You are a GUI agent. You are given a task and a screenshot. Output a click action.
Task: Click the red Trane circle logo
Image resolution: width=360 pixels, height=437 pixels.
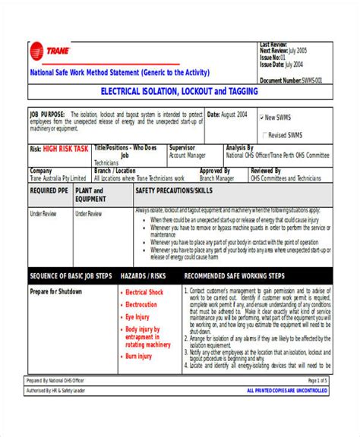(x=36, y=52)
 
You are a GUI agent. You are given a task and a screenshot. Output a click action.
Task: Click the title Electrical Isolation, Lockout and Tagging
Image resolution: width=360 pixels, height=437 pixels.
(x=180, y=91)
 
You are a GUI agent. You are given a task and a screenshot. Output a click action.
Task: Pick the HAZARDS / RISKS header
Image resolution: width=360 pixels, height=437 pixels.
(x=144, y=276)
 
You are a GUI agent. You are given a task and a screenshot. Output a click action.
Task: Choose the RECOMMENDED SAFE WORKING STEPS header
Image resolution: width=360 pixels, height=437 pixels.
(x=235, y=276)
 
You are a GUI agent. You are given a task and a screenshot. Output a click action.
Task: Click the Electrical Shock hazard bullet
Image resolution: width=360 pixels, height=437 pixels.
(x=144, y=292)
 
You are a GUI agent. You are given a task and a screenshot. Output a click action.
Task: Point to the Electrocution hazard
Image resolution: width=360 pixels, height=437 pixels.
(x=141, y=305)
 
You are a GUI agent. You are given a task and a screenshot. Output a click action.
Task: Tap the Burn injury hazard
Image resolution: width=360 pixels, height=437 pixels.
(x=139, y=356)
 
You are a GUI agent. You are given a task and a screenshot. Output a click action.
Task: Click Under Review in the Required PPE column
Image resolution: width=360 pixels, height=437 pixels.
(x=43, y=214)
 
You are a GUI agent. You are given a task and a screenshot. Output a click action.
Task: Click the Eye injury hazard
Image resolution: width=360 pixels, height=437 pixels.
(x=139, y=317)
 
